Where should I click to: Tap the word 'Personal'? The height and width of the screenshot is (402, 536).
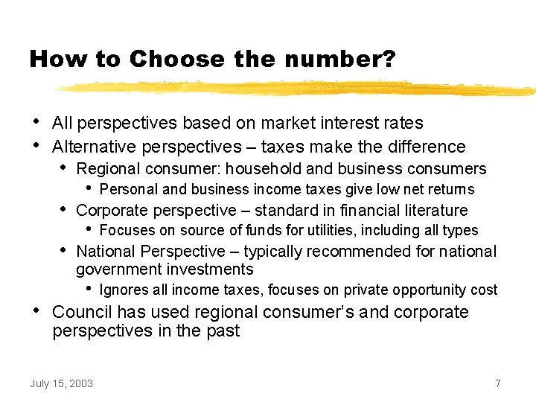coord(127,190)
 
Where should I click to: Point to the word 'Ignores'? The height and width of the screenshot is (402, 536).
coord(123,290)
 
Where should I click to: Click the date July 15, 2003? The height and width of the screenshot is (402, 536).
coord(62,383)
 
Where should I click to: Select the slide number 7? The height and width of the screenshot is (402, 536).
coord(497,383)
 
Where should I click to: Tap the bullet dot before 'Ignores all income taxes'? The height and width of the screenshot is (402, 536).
coord(89,288)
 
